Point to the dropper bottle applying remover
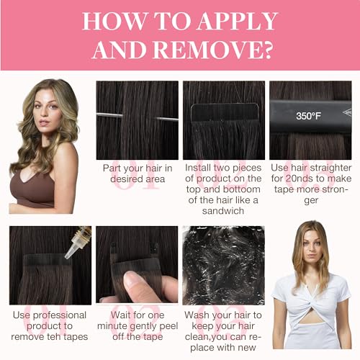(78, 243)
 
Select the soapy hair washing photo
(223, 265)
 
